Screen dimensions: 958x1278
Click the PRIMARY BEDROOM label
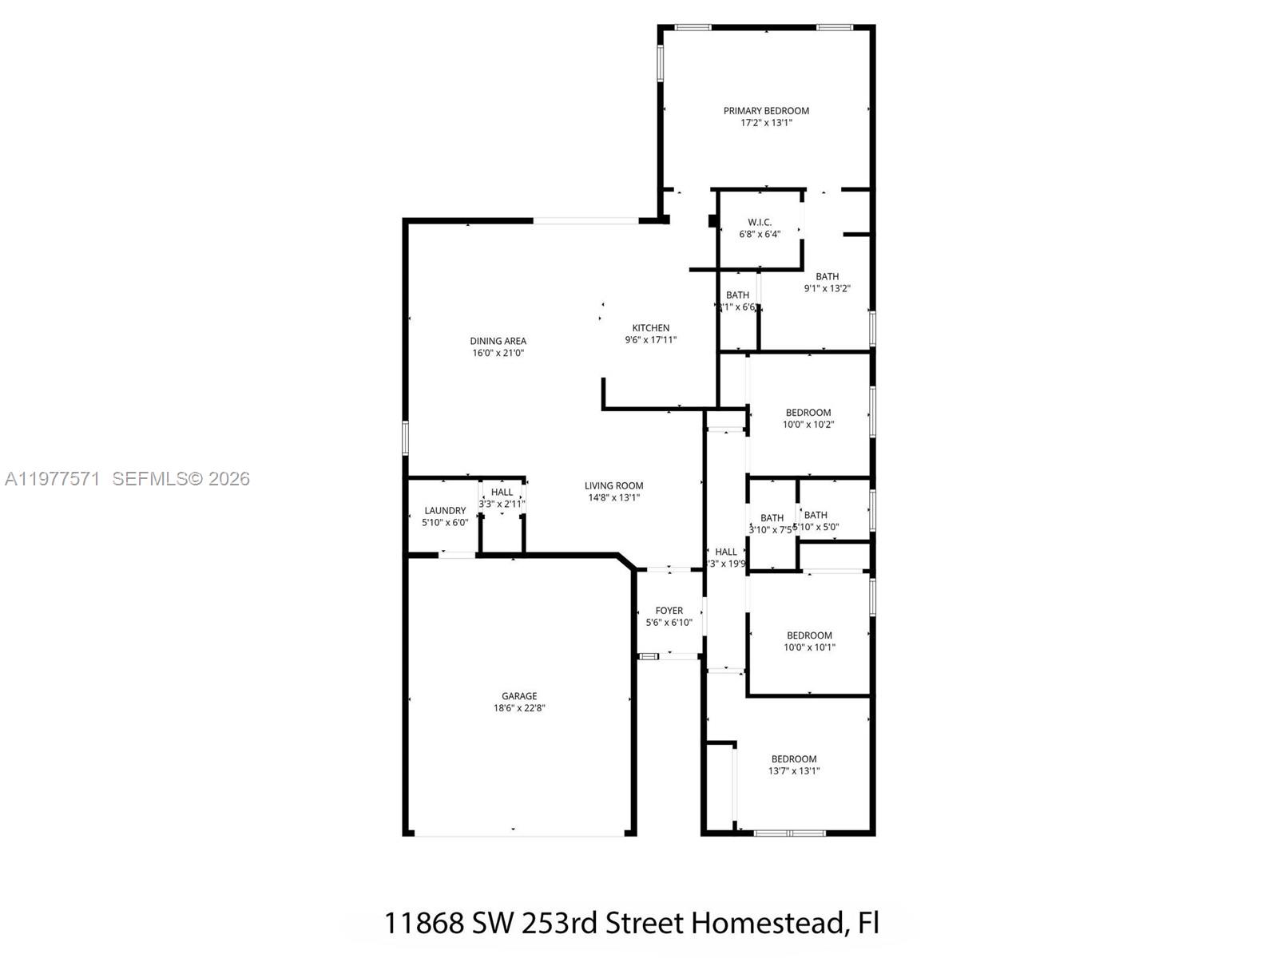click(766, 111)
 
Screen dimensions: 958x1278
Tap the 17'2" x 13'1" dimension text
click(766, 123)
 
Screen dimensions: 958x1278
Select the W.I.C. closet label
click(760, 222)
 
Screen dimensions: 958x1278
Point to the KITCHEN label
click(651, 328)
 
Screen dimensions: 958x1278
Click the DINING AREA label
click(498, 341)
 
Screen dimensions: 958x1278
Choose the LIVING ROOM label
click(613, 485)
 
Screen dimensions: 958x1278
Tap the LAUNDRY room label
click(445, 511)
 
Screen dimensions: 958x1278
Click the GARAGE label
click(519, 696)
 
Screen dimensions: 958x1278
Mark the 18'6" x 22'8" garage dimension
click(519, 708)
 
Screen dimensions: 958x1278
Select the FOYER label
click(669, 611)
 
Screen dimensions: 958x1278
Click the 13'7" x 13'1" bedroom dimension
click(794, 771)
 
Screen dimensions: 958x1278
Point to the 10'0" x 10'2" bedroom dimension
click(808, 425)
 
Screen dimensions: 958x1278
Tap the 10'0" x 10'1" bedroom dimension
click(809, 647)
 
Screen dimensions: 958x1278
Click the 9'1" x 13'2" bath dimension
click(827, 289)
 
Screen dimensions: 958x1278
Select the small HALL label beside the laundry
click(502, 493)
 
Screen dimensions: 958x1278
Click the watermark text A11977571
click(53, 479)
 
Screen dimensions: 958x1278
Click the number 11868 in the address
click(423, 923)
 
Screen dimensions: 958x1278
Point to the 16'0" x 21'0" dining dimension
click(498, 353)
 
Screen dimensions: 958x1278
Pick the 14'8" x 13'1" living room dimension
click(613, 497)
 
